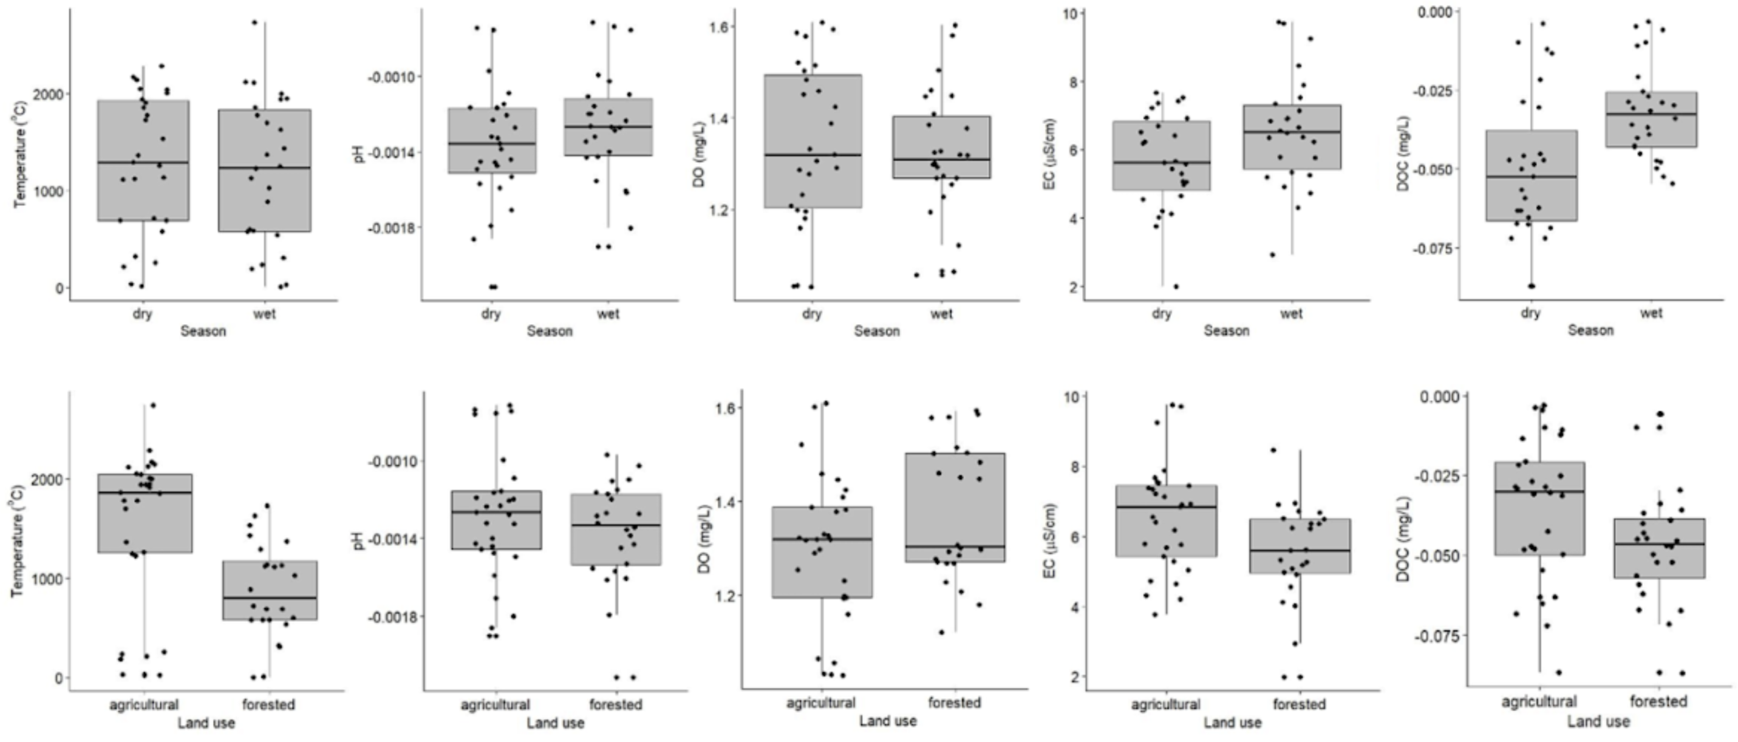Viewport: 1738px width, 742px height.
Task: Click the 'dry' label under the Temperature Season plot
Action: pos(142,314)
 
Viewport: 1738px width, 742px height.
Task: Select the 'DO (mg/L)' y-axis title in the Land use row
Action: pos(704,539)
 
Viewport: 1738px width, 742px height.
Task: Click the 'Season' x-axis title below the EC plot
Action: pos(1226,330)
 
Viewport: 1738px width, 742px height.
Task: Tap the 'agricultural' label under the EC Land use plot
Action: pos(1165,704)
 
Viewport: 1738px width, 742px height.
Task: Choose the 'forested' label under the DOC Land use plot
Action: pos(1658,701)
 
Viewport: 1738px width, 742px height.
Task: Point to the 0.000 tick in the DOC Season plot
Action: pos(1433,12)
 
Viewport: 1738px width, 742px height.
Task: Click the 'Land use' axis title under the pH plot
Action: pos(555,723)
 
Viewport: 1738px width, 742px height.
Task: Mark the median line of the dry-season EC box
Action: pos(1161,163)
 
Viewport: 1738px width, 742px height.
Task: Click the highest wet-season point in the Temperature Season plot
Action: pos(254,22)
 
